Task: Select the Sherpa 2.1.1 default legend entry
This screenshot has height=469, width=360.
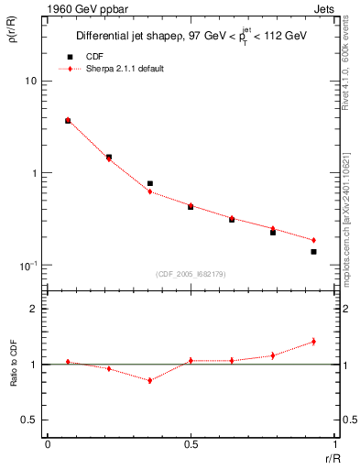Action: [x=126, y=69]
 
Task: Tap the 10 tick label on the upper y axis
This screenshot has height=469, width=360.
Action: [x=30, y=82]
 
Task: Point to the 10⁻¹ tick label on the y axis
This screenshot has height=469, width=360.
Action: [x=28, y=266]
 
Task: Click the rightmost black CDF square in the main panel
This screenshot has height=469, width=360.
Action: [x=313, y=251]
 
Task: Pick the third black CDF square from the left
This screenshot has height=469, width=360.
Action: [x=149, y=183]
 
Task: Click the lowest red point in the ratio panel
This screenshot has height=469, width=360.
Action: [x=149, y=380]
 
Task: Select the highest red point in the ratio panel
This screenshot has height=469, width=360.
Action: [x=313, y=341]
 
